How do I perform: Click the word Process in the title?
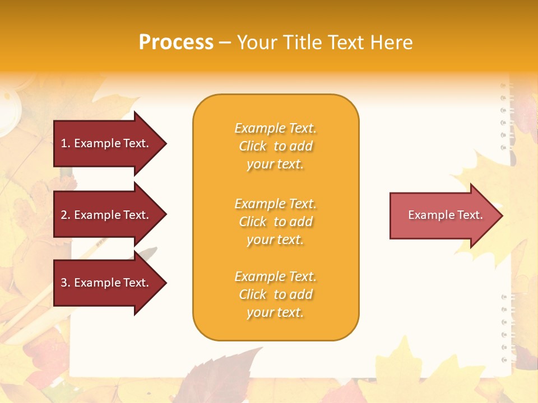[x=176, y=43]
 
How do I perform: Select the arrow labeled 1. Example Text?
[x=106, y=143]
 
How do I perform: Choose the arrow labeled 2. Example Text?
[x=106, y=215]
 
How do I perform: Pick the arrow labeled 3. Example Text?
[x=106, y=283]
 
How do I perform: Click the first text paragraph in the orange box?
[x=275, y=146]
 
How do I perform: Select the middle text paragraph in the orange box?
[x=275, y=222]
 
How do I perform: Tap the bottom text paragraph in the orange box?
[x=275, y=294]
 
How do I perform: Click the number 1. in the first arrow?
[x=66, y=144]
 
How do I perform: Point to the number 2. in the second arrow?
[x=66, y=215]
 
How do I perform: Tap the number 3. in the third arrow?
[x=66, y=283]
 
